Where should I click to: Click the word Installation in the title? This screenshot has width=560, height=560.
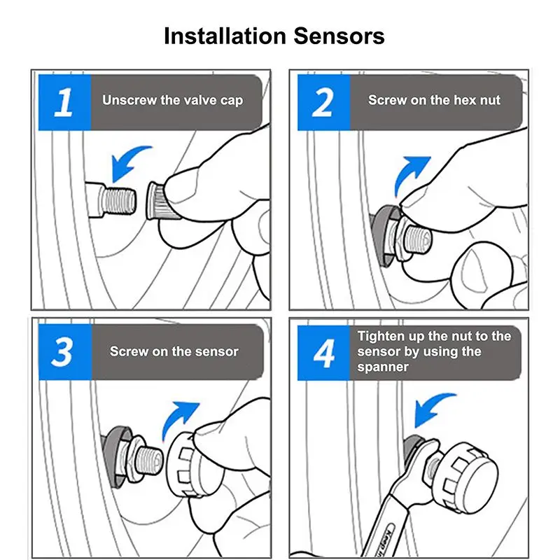click(225, 36)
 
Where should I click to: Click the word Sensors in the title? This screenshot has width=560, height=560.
click(339, 36)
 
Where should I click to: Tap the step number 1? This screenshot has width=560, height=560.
click(64, 102)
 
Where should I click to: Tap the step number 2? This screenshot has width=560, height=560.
click(323, 102)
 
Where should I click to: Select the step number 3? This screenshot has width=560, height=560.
click(63, 352)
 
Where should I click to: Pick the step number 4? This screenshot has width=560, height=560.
click(324, 353)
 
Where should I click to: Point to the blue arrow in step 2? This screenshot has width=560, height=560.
click(411, 175)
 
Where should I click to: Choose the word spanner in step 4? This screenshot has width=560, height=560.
click(383, 367)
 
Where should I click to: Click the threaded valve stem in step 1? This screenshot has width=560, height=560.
click(111, 200)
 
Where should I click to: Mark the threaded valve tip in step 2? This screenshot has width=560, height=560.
click(418, 238)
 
